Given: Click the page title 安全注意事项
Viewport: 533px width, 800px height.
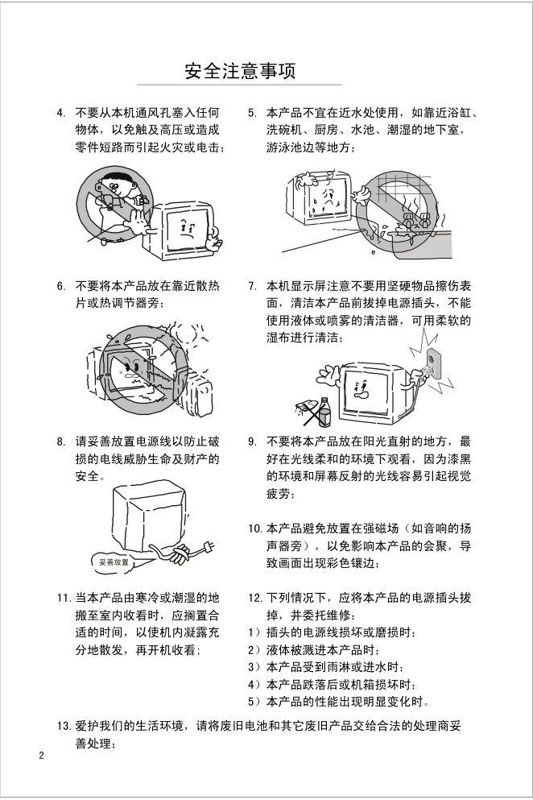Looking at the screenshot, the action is (240, 71).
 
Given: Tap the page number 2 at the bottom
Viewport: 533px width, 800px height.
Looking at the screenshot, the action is (42, 756).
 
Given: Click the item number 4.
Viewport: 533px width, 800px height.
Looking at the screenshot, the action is (60, 113).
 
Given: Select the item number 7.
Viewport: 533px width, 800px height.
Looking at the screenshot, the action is (252, 286).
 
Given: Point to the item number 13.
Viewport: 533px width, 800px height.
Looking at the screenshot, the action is (63, 726).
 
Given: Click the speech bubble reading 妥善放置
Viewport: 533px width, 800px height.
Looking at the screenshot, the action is (114, 562).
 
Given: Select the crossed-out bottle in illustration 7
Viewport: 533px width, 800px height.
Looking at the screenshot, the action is (325, 411).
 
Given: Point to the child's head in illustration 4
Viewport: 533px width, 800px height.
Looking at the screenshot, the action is (117, 183).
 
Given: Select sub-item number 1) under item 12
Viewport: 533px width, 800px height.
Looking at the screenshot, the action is (254, 633).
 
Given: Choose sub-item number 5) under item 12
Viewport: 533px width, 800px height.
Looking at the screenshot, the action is (254, 702).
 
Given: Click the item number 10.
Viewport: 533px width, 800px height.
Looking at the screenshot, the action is (255, 529).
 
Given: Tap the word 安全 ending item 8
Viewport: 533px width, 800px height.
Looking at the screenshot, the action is (87, 476).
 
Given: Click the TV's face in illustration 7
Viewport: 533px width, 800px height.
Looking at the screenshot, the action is (362, 390).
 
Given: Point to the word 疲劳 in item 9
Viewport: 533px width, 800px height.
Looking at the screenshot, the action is (278, 494).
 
